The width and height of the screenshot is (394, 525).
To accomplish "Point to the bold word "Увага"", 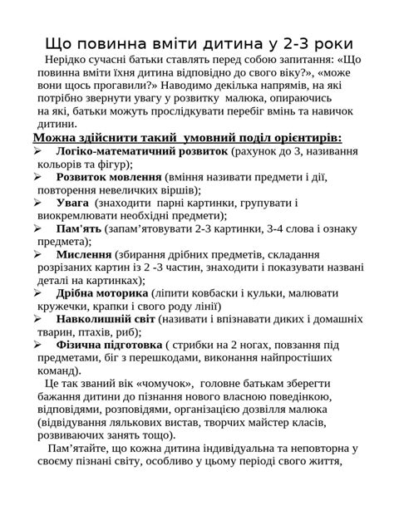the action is click(x=73, y=203).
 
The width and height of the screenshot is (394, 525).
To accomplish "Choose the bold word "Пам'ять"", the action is click(x=78, y=228).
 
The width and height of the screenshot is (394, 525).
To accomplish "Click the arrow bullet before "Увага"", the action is click(x=37, y=203).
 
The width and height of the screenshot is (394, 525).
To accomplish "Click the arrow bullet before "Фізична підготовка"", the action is click(x=37, y=344).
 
